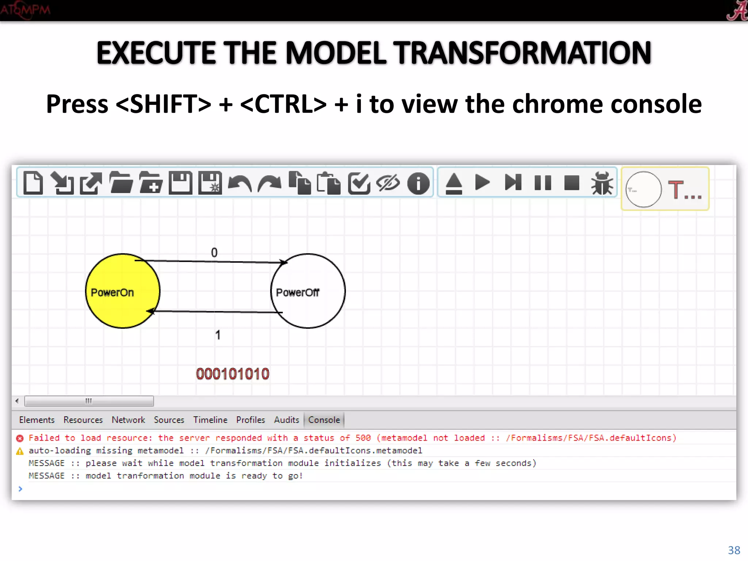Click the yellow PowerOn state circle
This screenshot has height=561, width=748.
[122, 291]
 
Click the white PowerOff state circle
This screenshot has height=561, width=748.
[308, 291]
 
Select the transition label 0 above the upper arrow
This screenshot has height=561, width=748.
[214, 252]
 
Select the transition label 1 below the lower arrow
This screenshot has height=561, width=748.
[218, 335]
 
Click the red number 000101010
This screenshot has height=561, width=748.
[233, 374]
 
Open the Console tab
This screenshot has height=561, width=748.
[324, 420]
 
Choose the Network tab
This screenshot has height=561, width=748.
[128, 420]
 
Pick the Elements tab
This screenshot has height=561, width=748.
[37, 420]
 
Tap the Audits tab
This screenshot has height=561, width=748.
[286, 420]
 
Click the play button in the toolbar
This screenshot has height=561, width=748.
[482, 182]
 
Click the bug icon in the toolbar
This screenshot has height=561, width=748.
[602, 183]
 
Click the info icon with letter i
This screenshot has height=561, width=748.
[418, 183]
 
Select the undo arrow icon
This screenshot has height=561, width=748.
[240, 183]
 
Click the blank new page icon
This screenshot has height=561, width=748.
[33, 182]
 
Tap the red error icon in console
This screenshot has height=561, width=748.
[20, 438]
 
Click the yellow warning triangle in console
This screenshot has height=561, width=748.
[20, 451]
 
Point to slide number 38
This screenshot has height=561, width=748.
[734, 550]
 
